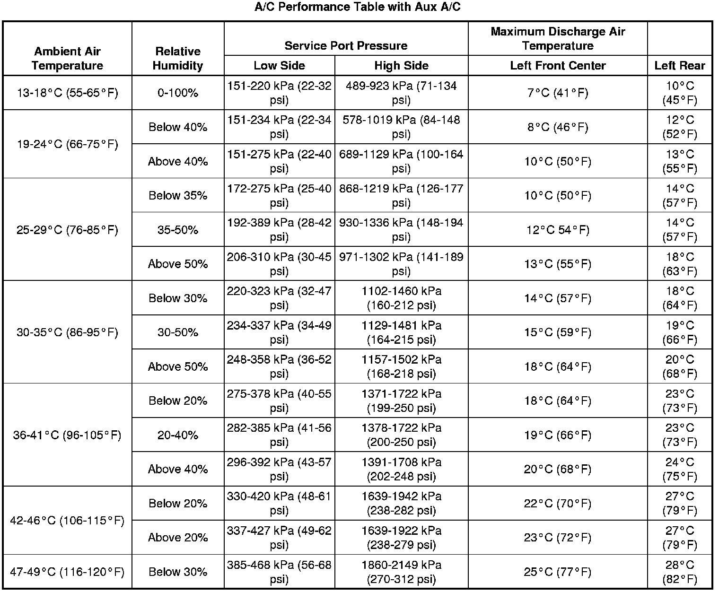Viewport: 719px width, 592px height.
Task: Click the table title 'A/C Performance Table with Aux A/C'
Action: tap(358, 7)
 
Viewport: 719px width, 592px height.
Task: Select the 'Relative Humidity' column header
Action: tap(178, 58)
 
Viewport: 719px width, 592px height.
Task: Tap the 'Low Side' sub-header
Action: tap(279, 65)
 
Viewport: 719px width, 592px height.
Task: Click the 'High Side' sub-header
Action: tap(401, 65)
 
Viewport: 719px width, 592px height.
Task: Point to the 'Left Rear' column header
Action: tap(680, 65)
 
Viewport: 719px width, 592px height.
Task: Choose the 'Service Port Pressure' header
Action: tap(346, 45)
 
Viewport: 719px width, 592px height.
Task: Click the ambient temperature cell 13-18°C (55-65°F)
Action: tap(68, 93)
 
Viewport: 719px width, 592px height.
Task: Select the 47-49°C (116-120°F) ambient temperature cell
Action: tap(67, 572)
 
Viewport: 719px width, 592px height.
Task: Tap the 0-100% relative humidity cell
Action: tap(178, 93)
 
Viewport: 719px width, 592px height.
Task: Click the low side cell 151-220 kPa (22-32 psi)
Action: tap(279, 93)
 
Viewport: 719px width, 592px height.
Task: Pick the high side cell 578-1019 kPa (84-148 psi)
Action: tap(401, 127)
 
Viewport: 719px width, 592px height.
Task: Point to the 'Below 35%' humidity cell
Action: tap(178, 195)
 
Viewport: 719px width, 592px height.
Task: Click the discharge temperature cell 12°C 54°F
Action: tap(558, 230)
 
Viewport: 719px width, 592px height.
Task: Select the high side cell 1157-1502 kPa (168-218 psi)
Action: tap(401, 366)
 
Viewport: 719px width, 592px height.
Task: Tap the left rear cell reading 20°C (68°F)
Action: tap(680, 366)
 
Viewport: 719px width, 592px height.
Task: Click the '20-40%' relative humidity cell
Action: tap(178, 435)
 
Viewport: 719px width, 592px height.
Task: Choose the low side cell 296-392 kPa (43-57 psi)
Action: tap(279, 469)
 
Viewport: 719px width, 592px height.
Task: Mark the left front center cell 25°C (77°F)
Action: tap(558, 572)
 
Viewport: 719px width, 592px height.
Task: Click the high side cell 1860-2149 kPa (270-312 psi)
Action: tap(401, 572)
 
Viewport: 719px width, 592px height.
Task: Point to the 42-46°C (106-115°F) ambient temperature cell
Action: tap(67, 520)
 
